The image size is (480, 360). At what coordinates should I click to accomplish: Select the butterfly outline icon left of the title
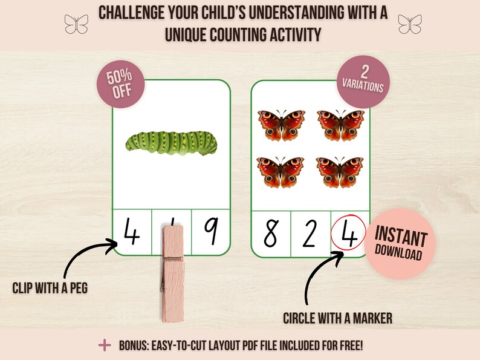click(76, 24)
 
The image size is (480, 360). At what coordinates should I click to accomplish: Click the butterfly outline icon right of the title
click(410, 24)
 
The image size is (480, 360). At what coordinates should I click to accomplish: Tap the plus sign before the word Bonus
click(105, 345)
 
